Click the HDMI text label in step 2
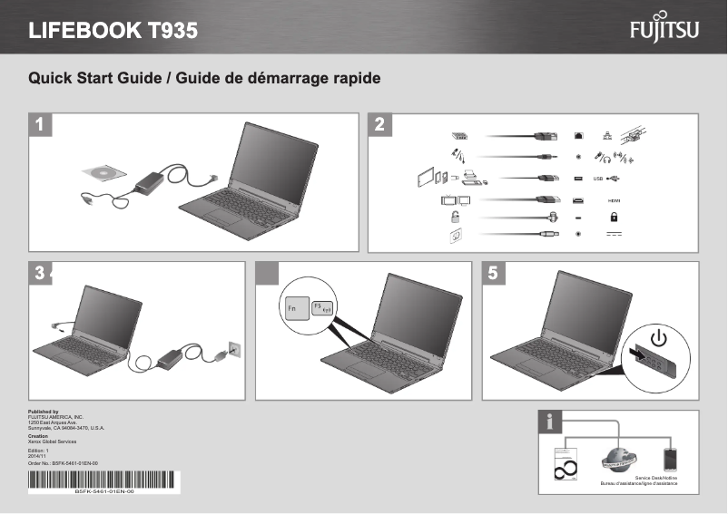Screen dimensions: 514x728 (x=614, y=199)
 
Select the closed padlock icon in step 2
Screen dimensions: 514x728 (x=615, y=217)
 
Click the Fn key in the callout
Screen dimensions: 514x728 (x=294, y=310)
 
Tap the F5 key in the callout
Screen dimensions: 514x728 (x=323, y=309)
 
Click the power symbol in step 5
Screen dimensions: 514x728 (x=658, y=341)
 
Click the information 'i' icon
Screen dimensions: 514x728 (x=552, y=422)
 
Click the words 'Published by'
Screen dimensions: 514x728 (x=44, y=412)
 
